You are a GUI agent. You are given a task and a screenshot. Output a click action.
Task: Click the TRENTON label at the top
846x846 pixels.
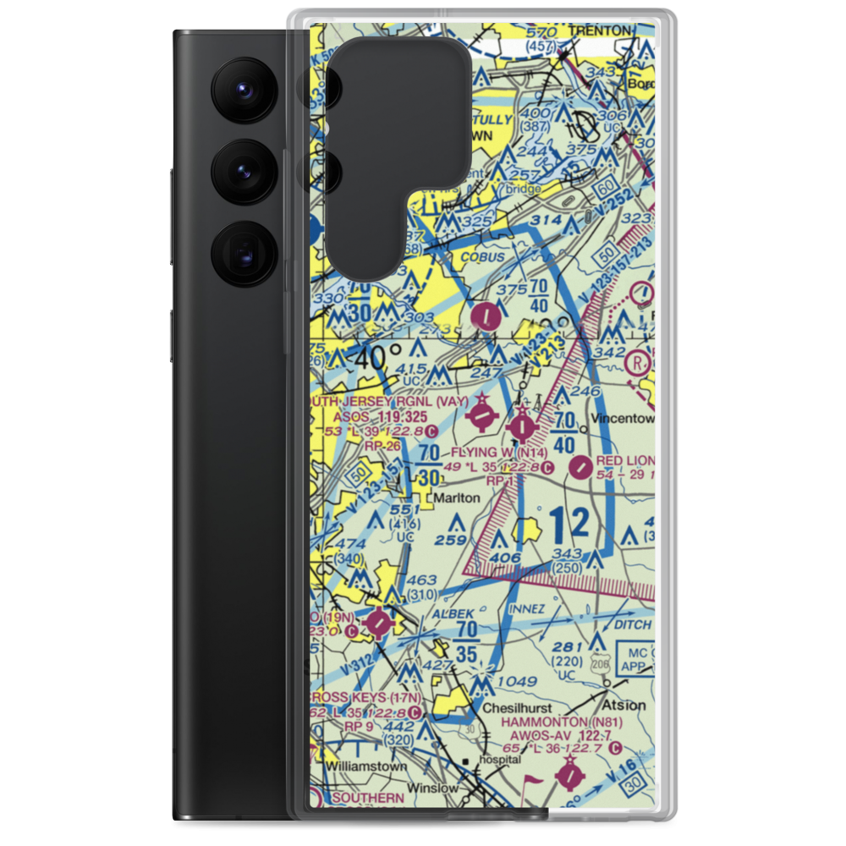click(x=601, y=31)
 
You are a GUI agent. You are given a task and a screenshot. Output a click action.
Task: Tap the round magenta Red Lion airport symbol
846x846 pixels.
click(x=581, y=466)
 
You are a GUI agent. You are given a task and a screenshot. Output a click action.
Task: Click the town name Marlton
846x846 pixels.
click(x=456, y=498)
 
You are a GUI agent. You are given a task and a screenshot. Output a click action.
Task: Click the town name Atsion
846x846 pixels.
click(x=624, y=705)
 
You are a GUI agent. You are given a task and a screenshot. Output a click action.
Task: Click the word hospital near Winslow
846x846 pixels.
click(x=498, y=760)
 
